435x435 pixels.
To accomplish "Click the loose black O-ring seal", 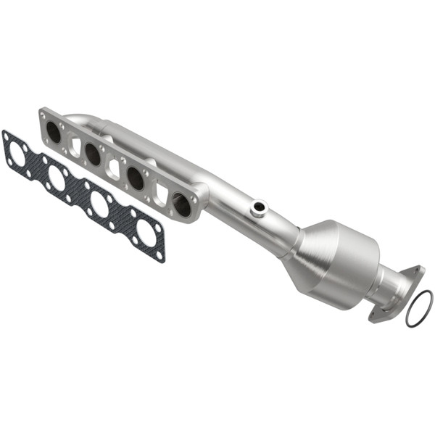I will click(x=419, y=309).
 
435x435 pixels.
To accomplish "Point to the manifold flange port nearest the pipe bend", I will click(x=182, y=205).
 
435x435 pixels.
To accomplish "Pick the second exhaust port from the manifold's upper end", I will click(x=93, y=153).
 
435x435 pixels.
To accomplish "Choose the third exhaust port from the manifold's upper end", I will click(x=136, y=178).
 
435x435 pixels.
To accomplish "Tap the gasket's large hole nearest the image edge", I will click(x=17, y=152).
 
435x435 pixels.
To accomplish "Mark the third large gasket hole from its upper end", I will click(x=100, y=204).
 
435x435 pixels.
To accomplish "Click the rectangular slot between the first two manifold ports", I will click(x=75, y=146).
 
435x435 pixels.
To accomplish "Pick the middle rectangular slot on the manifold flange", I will click(x=115, y=168).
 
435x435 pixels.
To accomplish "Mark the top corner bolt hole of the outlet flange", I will click(x=416, y=271).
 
